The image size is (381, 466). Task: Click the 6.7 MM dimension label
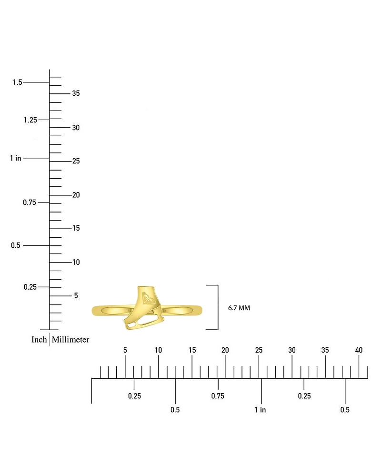(x=239, y=308)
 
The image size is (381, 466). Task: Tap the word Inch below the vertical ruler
(x=39, y=339)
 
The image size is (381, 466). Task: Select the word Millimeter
(x=70, y=339)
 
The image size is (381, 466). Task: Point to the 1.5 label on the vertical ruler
(x=18, y=82)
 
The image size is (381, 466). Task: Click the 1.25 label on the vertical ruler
(x=30, y=120)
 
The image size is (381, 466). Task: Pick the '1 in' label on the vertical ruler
(x=16, y=158)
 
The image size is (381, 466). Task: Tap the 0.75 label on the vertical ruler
(x=30, y=203)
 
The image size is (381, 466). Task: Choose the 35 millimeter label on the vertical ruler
(x=76, y=93)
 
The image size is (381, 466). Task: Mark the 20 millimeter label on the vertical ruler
(x=76, y=195)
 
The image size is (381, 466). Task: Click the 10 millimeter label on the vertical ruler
(x=76, y=262)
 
